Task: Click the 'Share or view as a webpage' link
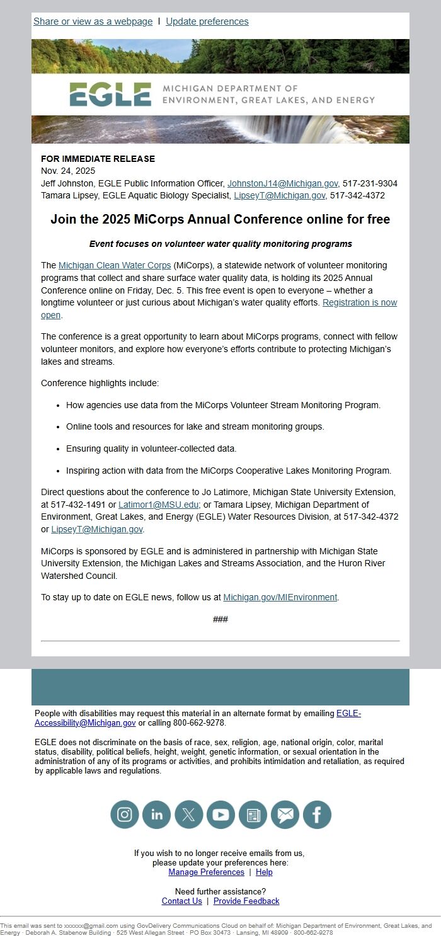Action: click(x=93, y=21)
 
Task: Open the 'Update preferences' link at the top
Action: click(x=207, y=21)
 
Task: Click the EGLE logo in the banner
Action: click(x=110, y=94)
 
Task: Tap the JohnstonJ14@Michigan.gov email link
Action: click(x=282, y=183)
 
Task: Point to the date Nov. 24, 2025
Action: click(x=68, y=171)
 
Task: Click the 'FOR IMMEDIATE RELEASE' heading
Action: click(x=98, y=159)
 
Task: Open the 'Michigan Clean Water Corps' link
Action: click(x=115, y=265)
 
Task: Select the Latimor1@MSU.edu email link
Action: click(x=158, y=505)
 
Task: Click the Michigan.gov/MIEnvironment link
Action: click(x=280, y=597)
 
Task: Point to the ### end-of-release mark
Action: click(x=220, y=619)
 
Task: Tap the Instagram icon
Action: click(x=125, y=814)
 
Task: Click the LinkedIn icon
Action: click(x=156, y=814)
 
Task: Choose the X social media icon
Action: click(x=188, y=814)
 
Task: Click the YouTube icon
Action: click(x=220, y=814)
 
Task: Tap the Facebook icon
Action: click(x=317, y=814)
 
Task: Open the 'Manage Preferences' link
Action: click(x=206, y=872)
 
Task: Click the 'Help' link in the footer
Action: click(x=264, y=872)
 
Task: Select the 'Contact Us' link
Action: click(x=181, y=901)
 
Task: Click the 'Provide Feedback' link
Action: click(x=246, y=901)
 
